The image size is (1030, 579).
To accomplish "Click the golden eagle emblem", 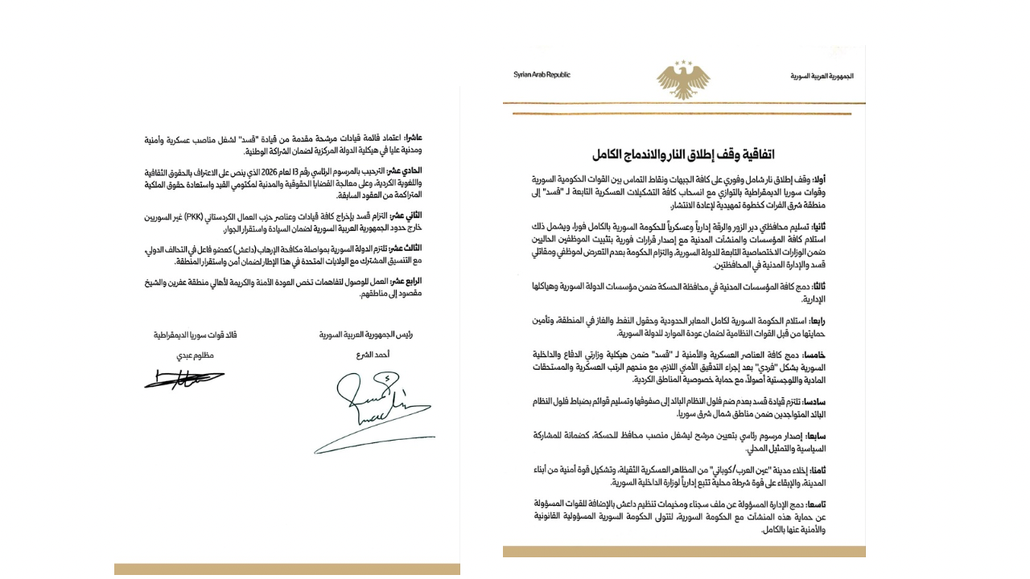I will pos(683,79).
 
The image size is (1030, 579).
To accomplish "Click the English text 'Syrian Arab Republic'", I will pos(542,75).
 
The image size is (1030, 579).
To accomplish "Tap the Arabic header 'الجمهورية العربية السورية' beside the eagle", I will pos(822,76).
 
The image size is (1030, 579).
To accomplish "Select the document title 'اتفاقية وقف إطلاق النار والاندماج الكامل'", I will pos(683,154).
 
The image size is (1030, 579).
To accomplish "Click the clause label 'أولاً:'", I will pos(844,179).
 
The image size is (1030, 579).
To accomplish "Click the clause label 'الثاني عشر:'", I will pos(405,217).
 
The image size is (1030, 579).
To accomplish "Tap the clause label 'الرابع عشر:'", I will pos(405,281).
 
